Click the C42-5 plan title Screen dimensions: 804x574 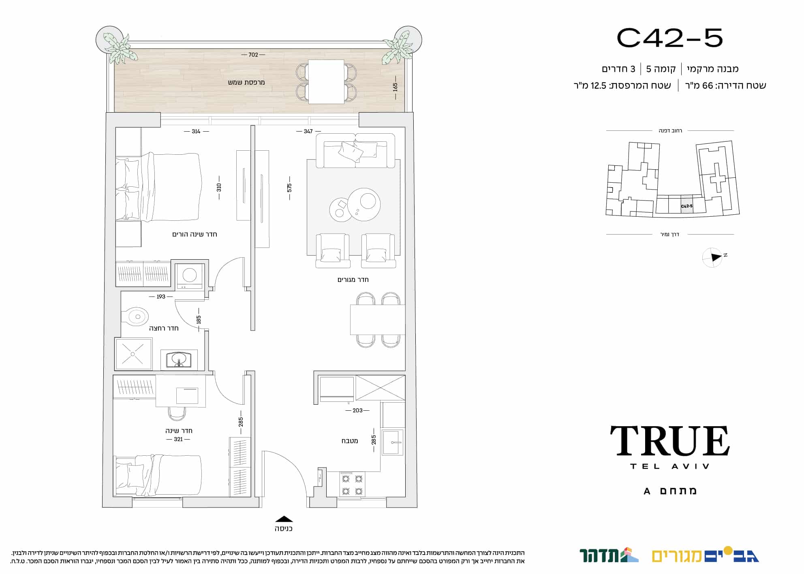669,38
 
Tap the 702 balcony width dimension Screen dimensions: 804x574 253,55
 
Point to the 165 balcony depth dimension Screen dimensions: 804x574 395,87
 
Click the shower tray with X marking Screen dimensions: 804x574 133,354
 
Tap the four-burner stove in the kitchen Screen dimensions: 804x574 352,484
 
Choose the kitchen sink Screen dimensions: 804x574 393,442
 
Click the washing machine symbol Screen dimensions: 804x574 190,276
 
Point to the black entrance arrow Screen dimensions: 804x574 284,519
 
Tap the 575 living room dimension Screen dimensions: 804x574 289,188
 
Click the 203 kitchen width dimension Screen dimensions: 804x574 357,410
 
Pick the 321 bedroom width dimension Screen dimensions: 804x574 178,439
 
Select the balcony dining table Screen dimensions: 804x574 326,82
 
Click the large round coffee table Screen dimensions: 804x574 364,204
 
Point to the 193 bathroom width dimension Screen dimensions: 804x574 161,297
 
